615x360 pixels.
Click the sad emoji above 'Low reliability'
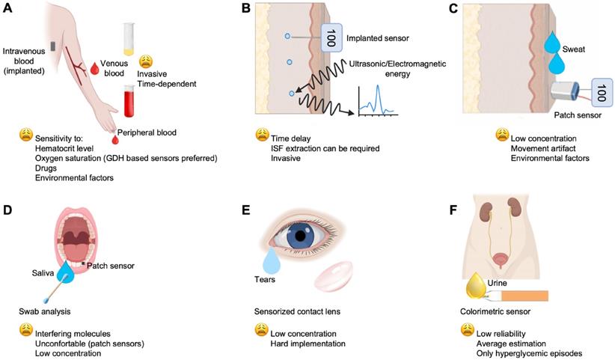468,329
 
